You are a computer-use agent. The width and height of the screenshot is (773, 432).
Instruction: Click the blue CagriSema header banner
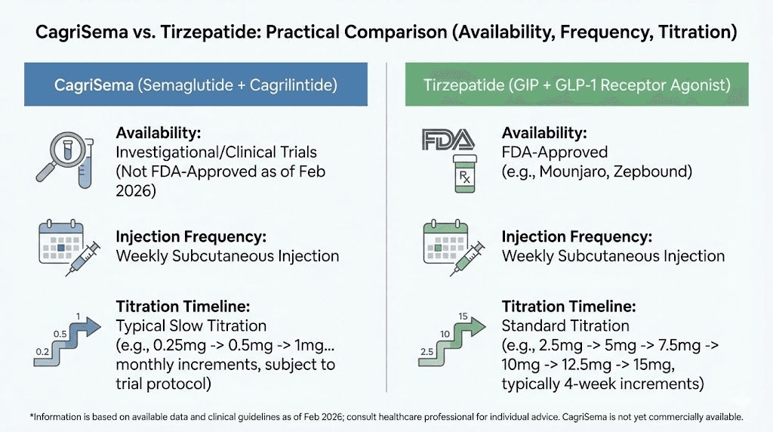point(196,85)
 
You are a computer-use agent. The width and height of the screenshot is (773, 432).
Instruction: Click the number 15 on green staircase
point(463,316)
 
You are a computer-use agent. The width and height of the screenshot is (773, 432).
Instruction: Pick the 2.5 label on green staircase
point(427,352)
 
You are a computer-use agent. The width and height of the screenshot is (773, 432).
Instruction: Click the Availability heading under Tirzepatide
point(544,133)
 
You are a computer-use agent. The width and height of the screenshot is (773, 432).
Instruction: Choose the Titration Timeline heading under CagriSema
point(180,307)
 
